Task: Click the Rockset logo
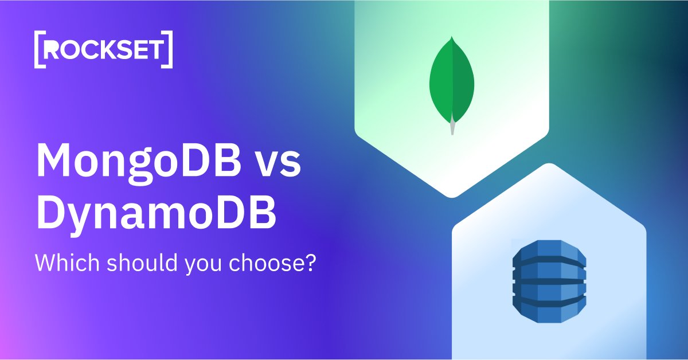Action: click(x=103, y=50)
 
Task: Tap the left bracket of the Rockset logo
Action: click(x=39, y=50)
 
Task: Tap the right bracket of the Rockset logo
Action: click(x=168, y=50)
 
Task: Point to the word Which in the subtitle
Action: click(x=61, y=262)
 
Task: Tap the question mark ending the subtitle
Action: click(x=312, y=262)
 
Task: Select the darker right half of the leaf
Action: click(x=463, y=86)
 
